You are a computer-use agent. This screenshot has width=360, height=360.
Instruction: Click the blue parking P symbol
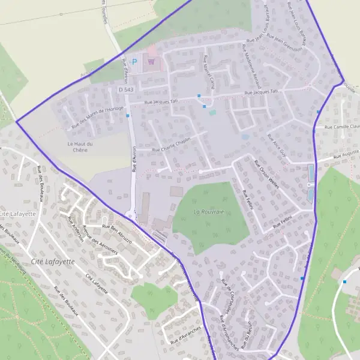(x=134, y=61)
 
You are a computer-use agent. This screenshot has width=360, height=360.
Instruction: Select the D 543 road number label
(x=125, y=89)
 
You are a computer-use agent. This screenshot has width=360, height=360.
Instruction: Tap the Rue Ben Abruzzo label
(x=116, y=231)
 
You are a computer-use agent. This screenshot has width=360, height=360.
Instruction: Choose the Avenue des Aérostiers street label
(x=100, y=246)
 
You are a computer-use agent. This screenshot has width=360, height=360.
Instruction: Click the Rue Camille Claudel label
(x=341, y=127)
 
